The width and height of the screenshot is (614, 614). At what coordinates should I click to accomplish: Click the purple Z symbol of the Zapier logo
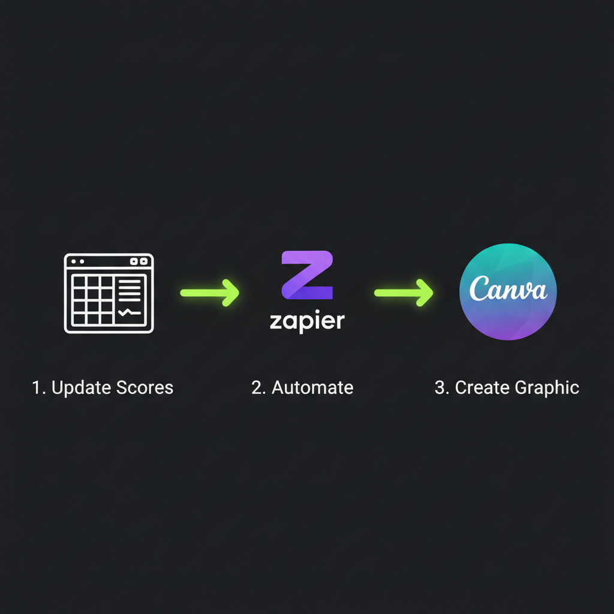[x=307, y=275]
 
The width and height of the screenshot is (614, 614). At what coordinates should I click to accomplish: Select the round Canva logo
[x=508, y=292]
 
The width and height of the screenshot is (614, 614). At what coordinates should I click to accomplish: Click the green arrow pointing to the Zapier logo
[x=210, y=293]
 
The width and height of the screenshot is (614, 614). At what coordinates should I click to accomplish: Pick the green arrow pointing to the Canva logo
[x=404, y=293]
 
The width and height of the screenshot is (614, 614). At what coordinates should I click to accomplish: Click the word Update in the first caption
[x=79, y=388]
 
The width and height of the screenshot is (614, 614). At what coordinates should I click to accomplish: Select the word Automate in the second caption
[x=312, y=387]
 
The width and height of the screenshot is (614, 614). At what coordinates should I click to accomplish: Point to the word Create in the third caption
[x=481, y=387]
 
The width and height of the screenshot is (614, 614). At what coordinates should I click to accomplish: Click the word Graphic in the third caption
[x=546, y=388]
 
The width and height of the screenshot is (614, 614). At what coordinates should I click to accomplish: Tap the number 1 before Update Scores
[x=37, y=387]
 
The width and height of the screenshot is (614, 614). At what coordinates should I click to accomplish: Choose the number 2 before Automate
[x=258, y=387]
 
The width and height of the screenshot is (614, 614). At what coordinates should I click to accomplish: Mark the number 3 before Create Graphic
[x=441, y=387]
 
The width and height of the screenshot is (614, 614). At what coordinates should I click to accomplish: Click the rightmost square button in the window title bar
[x=144, y=261]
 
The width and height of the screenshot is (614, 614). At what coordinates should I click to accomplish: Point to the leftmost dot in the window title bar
[x=73, y=261]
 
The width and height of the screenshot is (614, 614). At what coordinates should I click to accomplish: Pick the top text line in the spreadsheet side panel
[x=130, y=281]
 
